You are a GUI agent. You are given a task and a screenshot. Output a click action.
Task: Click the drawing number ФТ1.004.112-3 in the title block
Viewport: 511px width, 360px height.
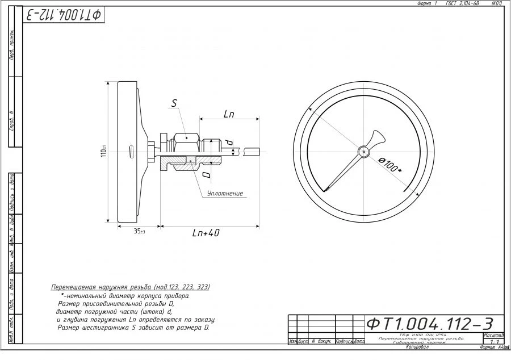tap(429, 324)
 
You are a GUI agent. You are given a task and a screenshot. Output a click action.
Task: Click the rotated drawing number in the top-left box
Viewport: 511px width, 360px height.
tap(63, 15)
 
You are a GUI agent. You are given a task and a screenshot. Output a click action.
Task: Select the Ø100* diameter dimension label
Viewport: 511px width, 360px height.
tap(390, 165)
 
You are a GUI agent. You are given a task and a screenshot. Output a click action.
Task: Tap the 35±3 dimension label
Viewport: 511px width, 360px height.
tap(139, 232)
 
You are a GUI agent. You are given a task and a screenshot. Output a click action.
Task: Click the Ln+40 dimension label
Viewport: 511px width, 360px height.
tap(206, 233)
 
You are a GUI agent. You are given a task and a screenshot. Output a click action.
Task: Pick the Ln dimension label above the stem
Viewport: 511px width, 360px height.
tap(229, 114)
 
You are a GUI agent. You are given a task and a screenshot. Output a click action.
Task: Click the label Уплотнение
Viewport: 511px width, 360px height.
tap(225, 194)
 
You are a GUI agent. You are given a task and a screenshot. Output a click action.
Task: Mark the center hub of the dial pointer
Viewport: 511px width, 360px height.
tap(363, 151)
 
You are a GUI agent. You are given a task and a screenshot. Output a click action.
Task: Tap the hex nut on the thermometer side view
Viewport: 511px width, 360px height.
tap(186, 139)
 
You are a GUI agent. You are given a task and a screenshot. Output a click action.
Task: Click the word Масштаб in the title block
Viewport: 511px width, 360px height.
tap(493, 336)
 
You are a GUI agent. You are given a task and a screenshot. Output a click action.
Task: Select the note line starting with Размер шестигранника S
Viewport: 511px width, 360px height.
tap(134, 328)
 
